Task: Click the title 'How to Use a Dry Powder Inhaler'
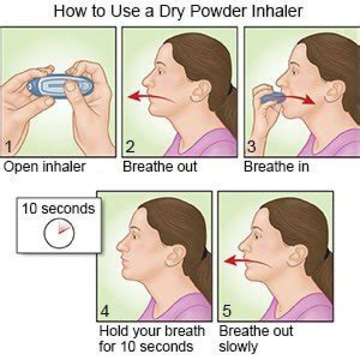pos(178,11)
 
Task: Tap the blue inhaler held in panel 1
pos(60,86)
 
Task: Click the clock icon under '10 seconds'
pos(59,233)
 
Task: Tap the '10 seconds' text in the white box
pos(58,208)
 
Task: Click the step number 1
pos(8,146)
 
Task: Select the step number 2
pos(130,146)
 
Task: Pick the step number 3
pos(251,146)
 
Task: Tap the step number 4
pos(104,311)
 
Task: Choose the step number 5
pos(227,311)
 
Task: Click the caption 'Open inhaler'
pos(44,166)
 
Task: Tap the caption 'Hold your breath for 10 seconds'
pos(151,339)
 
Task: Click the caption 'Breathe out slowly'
pos(256,339)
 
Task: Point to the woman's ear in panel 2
pos(200,90)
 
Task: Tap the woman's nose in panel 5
pos(243,245)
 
